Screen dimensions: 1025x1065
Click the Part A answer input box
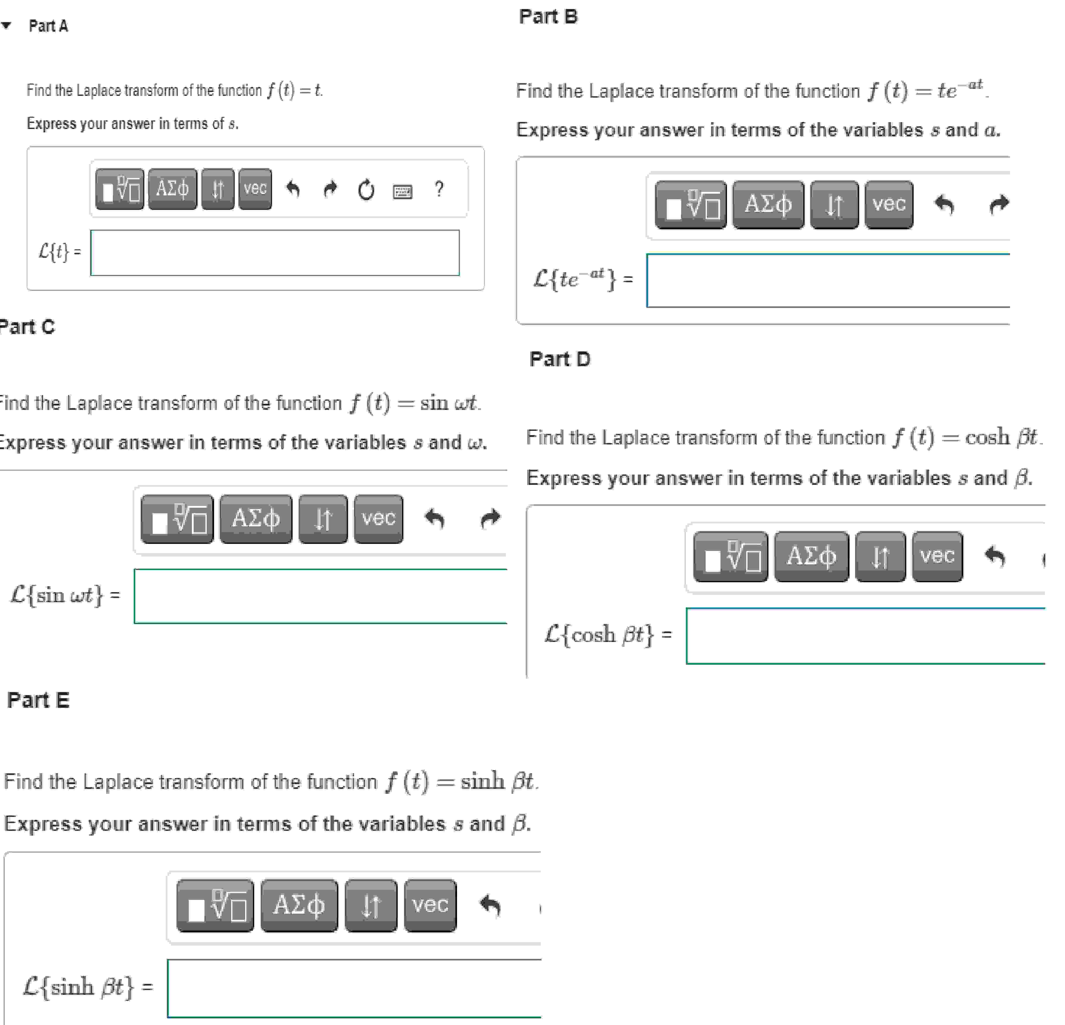point(274,253)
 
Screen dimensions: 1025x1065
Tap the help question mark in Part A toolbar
point(439,189)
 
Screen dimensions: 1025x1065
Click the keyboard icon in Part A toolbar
point(402,191)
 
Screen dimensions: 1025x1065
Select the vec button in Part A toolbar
point(255,189)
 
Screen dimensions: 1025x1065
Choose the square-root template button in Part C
point(177,518)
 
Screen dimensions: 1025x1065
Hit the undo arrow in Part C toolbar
point(435,518)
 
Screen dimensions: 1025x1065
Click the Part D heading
point(560,359)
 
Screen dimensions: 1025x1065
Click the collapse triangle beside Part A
point(7,25)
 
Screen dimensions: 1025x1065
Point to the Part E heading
point(38,700)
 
